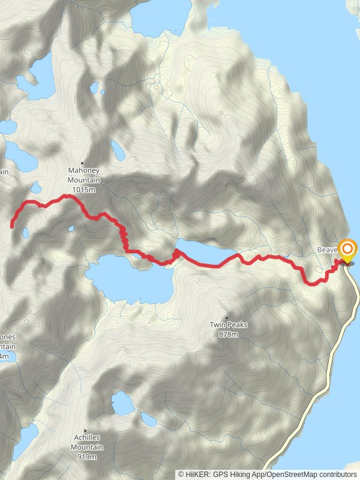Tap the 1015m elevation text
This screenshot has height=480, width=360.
pos(83,190)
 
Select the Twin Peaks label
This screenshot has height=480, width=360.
pos(228,325)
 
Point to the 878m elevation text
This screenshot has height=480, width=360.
pos(228,334)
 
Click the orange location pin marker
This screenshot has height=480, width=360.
pos(347,250)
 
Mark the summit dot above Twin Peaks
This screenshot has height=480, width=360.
pos(227,317)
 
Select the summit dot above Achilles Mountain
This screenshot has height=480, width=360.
pos(85,430)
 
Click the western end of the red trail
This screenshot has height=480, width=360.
pos(12,226)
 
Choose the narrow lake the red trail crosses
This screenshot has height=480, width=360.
pos(204,254)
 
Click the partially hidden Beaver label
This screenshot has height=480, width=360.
pos(327,249)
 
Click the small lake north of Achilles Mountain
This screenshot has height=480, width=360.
pos(123,403)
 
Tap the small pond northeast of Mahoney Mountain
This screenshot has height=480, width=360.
pos(118,151)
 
